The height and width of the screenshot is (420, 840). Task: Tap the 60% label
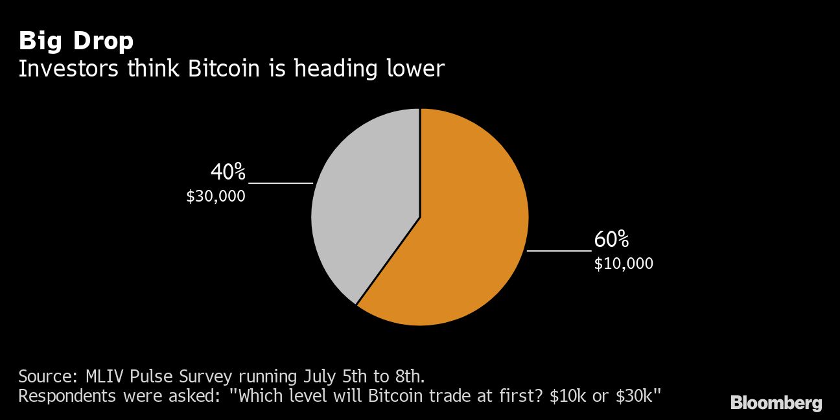(611, 240)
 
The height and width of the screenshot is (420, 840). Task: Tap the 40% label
(228, 172)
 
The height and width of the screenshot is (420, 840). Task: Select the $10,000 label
(624, 264)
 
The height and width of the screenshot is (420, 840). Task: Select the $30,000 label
(216, 196)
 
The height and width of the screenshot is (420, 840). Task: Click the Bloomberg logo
(776, 402)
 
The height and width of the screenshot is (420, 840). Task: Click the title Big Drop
(76, 41)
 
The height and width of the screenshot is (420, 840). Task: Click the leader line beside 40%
(281, 183)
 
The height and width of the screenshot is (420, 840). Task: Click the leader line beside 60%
(559, 250)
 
